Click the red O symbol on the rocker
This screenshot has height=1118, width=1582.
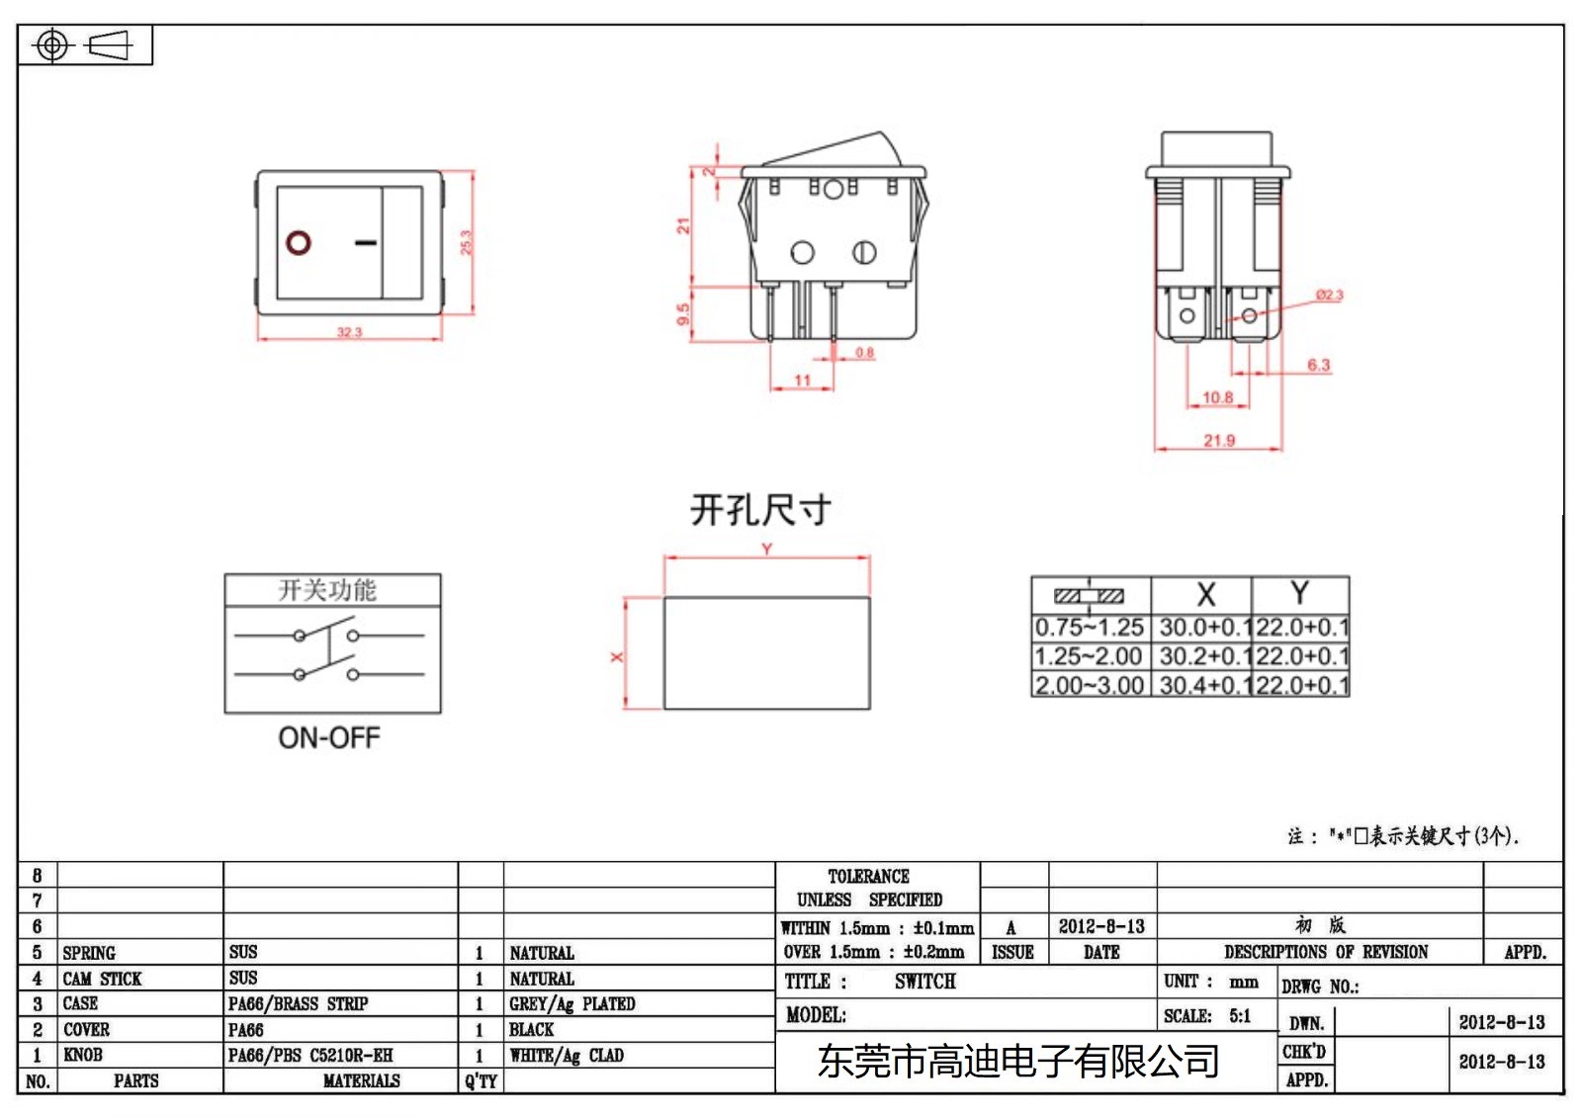[299, 242]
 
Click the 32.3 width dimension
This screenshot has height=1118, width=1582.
[350, 332]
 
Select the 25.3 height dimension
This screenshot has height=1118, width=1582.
[467, 242]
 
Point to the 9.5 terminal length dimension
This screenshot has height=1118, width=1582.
[683, 314]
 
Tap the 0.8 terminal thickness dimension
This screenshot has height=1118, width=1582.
[865, 353]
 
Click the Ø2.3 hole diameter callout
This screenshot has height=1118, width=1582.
[1330, 295]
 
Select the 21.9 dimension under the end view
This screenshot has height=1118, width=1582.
[1219, 441]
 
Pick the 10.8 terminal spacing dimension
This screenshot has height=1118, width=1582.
[1217, 397]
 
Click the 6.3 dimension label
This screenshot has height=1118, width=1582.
[1319, 365]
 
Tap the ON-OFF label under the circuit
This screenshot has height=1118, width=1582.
[329, 737]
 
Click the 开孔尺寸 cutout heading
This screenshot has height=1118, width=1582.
[760, 510]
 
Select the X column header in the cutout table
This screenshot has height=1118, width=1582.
[1205, 595]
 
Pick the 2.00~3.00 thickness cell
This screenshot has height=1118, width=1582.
[1090, 685]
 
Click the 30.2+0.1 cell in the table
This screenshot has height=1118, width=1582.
[1199, 656]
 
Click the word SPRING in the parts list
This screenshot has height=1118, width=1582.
[89, 953]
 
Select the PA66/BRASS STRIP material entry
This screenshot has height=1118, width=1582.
[299, 1004]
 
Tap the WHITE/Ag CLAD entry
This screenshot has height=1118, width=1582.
[567, 1056]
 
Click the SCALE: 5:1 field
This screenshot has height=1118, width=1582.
[1207, 1016]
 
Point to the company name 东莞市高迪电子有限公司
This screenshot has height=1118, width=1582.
[1018, 1062]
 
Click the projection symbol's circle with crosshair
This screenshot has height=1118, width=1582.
[52, 45]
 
